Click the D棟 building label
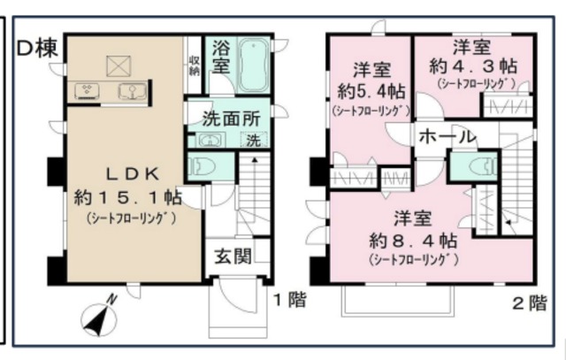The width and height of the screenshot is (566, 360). [36, 49]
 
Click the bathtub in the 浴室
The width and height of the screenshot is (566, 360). [253, 63]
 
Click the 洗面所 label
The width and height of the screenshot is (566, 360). [229, 116]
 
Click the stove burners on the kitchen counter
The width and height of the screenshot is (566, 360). [88, 88]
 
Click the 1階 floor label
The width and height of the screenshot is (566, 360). [289, 301]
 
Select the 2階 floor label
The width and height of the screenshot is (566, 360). [530, 303]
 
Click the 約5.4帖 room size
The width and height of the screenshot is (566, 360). [371, 90]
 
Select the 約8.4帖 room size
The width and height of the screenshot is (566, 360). [413, 240]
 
